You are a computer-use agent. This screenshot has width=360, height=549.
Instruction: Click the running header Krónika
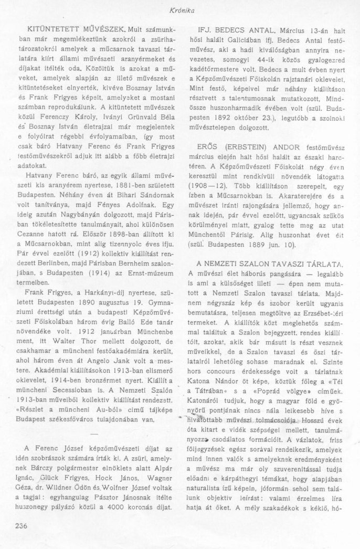(179, 9)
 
